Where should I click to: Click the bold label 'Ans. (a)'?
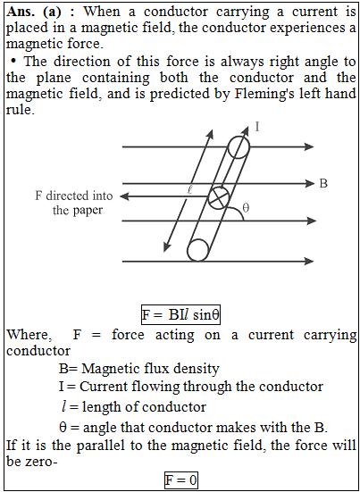35,12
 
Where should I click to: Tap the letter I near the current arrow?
257,128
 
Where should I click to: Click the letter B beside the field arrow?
323,184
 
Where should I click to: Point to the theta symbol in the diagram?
246,208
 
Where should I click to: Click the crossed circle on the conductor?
219,197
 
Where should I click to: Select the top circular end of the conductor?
239,146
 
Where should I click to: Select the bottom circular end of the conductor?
198,250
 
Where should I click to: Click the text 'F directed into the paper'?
74,203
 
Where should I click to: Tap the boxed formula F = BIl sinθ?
180,314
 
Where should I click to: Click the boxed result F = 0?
181,479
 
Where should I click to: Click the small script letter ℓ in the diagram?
188,191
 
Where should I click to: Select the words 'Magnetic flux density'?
150,369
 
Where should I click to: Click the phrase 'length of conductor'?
144,407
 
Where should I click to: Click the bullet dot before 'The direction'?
13,61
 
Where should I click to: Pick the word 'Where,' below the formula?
29,335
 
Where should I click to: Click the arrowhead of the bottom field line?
309,261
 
